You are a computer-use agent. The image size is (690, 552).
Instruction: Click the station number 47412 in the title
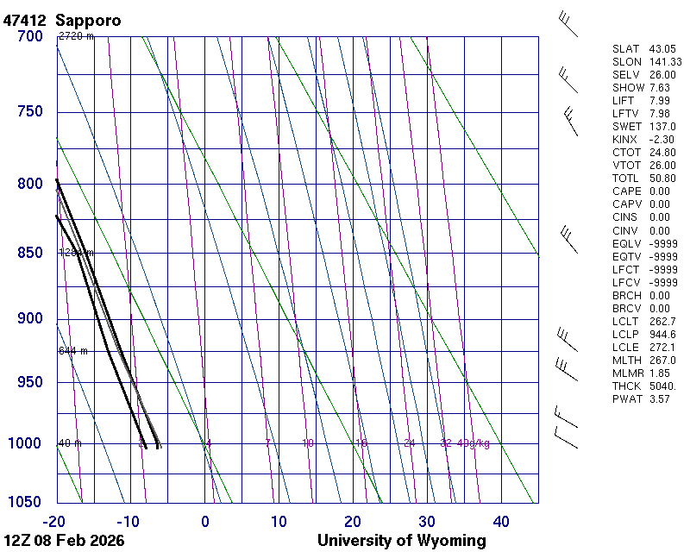click(x=26, y=20)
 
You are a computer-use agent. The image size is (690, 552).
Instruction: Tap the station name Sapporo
click(x=88, y=20)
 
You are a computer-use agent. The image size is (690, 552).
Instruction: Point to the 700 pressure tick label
click(x=29, y=36)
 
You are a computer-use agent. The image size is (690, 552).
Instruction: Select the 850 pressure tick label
click(x=29, y=253)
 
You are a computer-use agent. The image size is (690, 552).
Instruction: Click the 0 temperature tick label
click(x=205, y=521)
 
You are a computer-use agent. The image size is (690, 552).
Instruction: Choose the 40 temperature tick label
click(x=501, y=521)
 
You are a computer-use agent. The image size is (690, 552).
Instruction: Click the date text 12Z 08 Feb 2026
click(x=64, y=541)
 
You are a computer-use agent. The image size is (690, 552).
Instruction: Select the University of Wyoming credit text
click(x=401, y=541)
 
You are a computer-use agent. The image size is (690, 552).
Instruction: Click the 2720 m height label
click(x=76, y=36)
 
